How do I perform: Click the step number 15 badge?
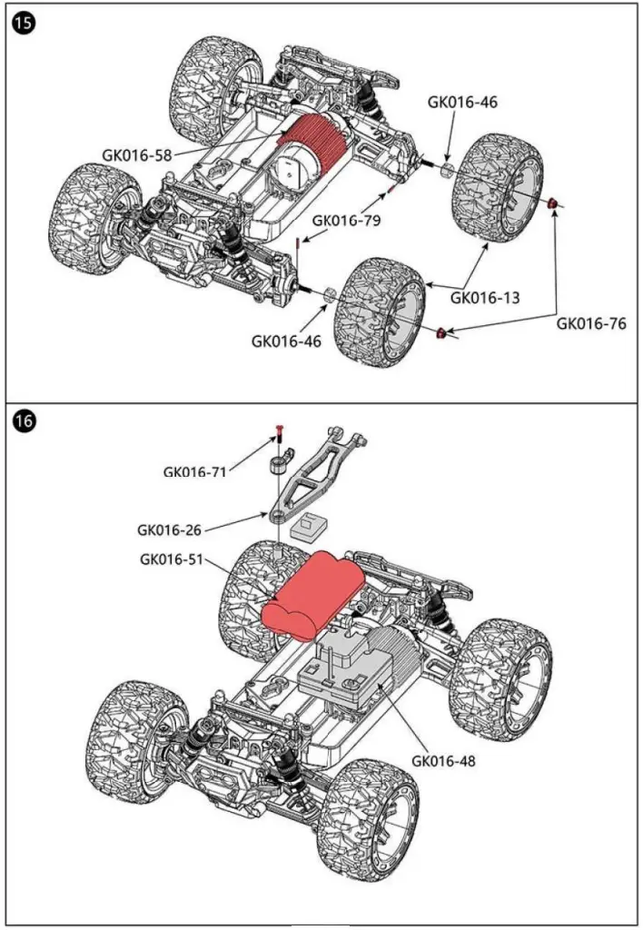coord(23,25)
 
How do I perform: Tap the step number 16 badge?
coord(24,421)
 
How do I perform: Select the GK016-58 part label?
coord(137,154)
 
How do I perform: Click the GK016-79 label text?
coord(347,220)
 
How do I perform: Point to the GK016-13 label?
coord(485,296)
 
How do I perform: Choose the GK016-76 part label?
coord(590,322)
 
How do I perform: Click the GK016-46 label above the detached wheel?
coord(462,102)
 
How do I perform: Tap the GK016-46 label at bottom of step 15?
coord(286,341)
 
